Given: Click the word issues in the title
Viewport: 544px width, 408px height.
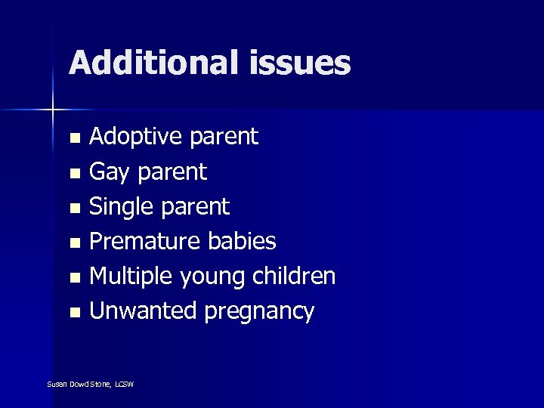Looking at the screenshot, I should coord(298,63).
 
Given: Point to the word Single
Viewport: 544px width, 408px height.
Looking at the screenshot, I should coord(119,207).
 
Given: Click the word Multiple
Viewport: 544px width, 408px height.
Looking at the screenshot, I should coord(131,277).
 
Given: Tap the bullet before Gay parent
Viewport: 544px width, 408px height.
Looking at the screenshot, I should coord(74,174).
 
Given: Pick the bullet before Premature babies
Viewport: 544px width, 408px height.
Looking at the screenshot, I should coord(74,243).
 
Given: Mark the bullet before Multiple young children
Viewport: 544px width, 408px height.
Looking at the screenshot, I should coord(74,278).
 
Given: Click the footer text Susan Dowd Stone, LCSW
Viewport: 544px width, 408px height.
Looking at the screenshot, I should coord(90,385).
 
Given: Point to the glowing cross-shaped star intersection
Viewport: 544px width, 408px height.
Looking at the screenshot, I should coord(53,110).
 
